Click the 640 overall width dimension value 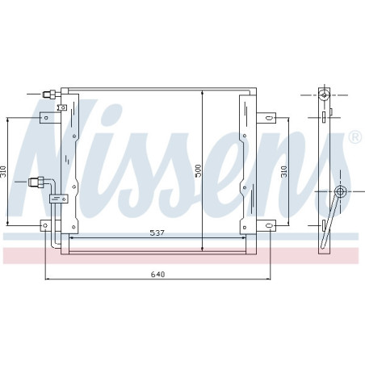point(158,275)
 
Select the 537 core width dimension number point(158,233)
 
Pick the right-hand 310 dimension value point(283,170)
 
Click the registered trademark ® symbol point(354,139)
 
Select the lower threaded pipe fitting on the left point(36,182)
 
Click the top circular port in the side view point(324,95)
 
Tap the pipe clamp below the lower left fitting point(57,197)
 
